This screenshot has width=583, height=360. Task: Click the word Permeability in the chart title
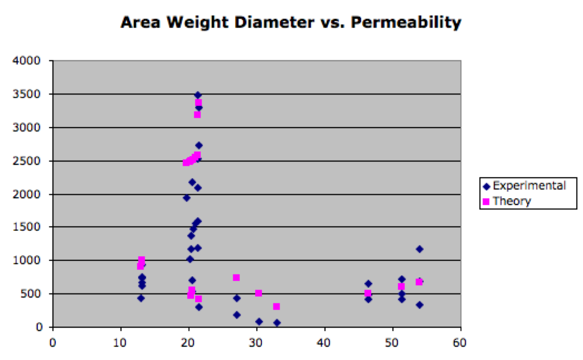coord(405,23)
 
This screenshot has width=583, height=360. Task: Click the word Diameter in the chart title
coord(274,23)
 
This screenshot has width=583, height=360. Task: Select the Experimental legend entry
coord(524,186)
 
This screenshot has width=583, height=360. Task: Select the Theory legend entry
coord(507,201)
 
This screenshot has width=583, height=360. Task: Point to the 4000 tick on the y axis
coord(27,60)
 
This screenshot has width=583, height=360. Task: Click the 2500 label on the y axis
coord(27,161)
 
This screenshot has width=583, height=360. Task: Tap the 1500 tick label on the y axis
coord(27,227)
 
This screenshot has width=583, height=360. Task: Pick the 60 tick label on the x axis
coord(459,342)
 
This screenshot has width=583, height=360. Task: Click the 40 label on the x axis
coord(324,342)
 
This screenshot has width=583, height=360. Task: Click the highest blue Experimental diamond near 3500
coord(198,95)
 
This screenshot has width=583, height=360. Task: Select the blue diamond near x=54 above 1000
coord(420,249)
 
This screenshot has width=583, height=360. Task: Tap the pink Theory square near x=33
coord(276,306)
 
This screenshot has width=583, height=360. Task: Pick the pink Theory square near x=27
coord(236,277)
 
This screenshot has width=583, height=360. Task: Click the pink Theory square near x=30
coord(258,293)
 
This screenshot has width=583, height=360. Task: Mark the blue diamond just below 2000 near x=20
coord(187,198)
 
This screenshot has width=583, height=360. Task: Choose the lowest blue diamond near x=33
coord(277,323)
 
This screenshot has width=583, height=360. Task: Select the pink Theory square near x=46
coord(368,293)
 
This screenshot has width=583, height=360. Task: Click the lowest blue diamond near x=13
coord(141,298)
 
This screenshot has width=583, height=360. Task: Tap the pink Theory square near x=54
coord(419,282)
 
